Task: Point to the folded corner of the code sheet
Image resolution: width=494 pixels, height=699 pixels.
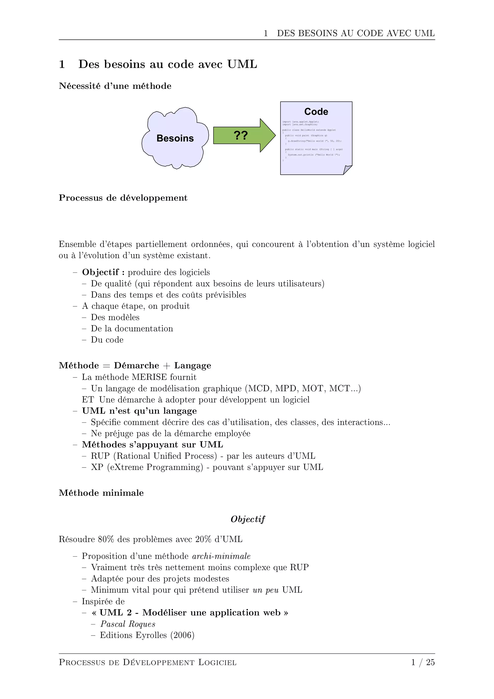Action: (x=347, y=170)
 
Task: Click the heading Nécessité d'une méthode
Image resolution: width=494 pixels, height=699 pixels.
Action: (x=115, y=86)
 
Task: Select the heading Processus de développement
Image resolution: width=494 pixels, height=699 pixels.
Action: (x=123, y=198)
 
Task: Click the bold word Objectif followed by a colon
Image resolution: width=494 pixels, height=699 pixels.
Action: (x=103, y=272)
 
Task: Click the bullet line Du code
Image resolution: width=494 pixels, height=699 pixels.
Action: (x=107, y=340)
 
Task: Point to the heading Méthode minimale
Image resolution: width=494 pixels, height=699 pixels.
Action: (x=101, y=493)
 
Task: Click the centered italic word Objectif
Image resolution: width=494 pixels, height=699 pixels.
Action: (x=248, y=519)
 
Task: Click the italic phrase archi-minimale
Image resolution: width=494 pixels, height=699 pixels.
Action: (x=221, y=557)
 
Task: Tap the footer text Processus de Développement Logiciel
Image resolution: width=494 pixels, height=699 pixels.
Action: (x=148, y=663)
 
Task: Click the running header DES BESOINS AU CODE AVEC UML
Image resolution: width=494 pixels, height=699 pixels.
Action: (x=356, y=34)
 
